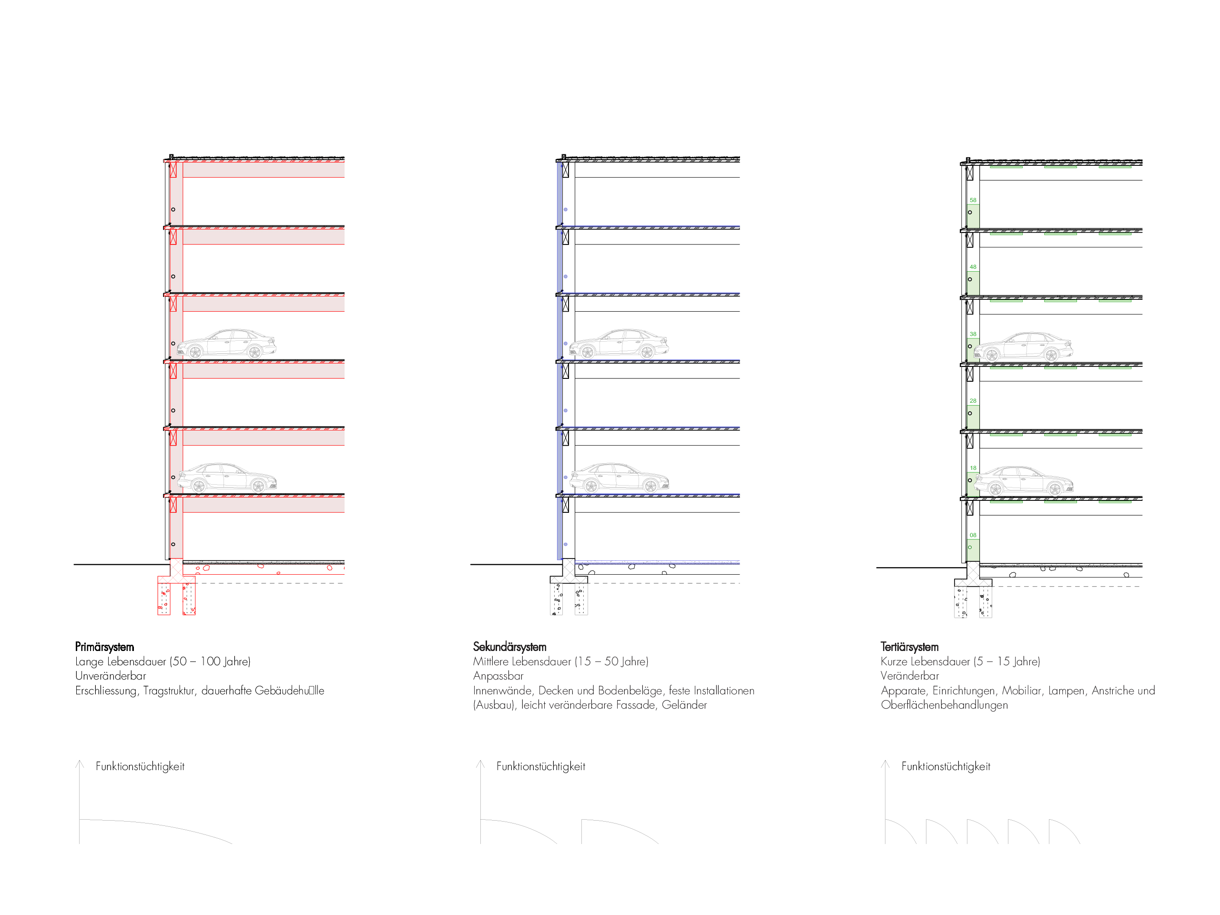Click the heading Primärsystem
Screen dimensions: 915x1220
point(104,647)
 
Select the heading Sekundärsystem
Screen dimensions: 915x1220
point(509,647)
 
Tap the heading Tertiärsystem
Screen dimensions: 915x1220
point(909,647)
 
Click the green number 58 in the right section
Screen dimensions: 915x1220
point(973,200)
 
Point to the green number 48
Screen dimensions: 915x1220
point(973,267)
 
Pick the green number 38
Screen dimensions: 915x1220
point(973,334)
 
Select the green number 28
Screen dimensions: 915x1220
point(973,401)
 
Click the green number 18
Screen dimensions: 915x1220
point(973,468)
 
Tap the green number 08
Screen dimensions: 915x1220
point(973,535)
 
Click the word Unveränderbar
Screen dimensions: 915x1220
point(110,676)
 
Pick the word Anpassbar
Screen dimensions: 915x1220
point(498,676)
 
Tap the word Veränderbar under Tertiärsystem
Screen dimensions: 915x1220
point(909,676)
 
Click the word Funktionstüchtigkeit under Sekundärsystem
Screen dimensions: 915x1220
point(540,767)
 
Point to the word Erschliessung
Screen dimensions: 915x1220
point(106,691)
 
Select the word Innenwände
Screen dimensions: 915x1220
point(502,691)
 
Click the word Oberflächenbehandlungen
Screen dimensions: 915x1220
point(944,705)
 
